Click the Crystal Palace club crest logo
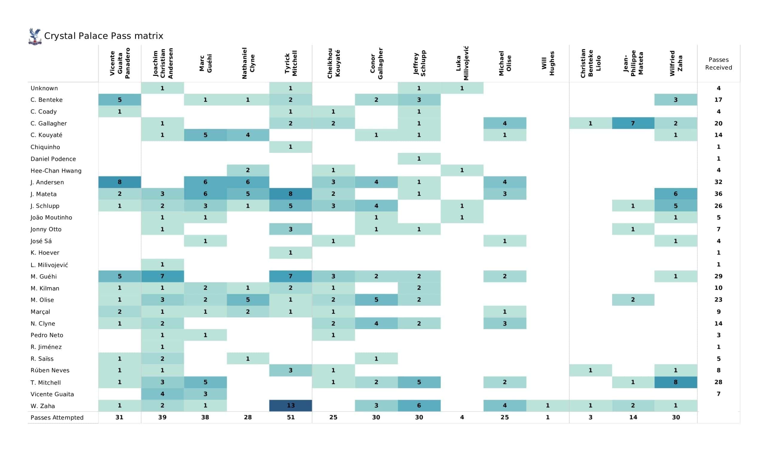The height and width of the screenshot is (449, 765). click(35, 36)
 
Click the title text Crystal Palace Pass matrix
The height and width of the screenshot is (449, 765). click(103, 36)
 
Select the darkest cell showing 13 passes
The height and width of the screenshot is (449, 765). click(290, 405)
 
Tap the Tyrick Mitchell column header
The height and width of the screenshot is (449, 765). click(290, 63)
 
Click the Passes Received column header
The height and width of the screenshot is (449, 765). click(718, 63)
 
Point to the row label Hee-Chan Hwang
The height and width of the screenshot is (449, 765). click(56, 170)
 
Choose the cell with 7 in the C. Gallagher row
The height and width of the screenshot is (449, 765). click(633, 123)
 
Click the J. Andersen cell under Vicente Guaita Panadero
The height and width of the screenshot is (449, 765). click(120, 182)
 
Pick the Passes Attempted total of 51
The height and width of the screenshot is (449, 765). click(290, 417)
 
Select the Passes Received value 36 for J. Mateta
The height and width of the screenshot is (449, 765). click(718, 193)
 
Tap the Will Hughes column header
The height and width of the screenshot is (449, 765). click(548, 63)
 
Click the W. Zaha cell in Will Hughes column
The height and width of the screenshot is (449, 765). click(548, 405)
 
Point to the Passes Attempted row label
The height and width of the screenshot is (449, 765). click(57, 417)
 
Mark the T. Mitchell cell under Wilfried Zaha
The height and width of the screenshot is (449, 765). click(675, 382)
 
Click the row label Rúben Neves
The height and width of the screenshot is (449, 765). click(50, 370)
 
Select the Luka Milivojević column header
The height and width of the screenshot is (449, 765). click(462, 63)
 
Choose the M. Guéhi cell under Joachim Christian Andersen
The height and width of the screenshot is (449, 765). click(162, 276)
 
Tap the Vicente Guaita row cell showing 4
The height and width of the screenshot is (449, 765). click(162, 394)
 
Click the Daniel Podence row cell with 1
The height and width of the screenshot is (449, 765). click(419, 158)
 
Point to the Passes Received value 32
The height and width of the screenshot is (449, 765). click(718, 182)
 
